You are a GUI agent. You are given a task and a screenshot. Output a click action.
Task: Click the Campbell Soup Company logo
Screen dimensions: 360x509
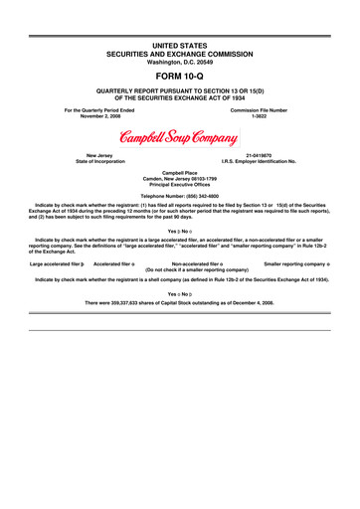point(179,137)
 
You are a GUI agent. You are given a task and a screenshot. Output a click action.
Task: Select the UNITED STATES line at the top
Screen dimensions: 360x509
point(180,38)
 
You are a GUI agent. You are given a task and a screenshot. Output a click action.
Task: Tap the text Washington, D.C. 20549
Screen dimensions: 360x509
point(180,56)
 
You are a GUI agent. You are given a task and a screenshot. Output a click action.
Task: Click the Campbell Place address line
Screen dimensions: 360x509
point(180,175)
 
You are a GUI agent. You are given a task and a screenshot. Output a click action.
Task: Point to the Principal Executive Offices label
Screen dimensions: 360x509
point(180,187)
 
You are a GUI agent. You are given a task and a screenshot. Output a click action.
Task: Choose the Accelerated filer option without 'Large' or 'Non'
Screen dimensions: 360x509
point(115,263)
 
